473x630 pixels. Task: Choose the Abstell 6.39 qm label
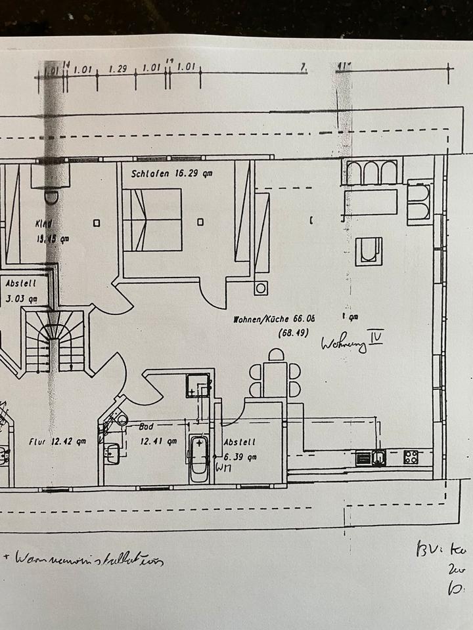point(239,450)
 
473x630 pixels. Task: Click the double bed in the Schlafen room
point(152,220)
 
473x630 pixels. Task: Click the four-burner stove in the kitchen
point(412,457)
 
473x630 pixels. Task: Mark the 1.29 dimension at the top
point(117,68)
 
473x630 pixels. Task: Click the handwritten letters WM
point(225,468)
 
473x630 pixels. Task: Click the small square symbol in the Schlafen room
point(200,222)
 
